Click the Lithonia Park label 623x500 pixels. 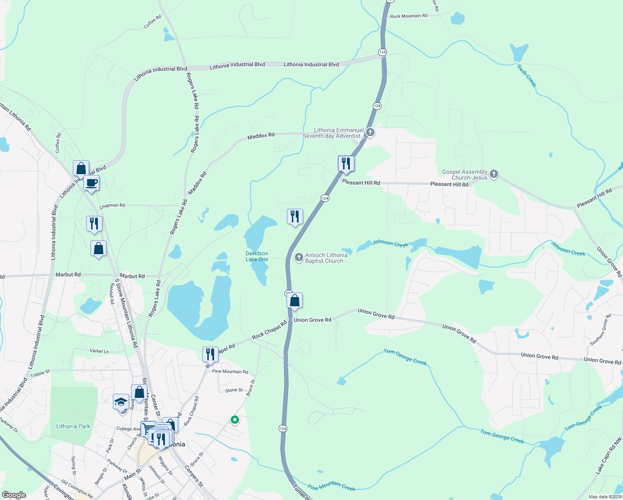(x=73, y=426)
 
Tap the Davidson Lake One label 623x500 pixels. (x=257, y=256)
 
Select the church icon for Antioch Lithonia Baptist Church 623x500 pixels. (x=299, y=257)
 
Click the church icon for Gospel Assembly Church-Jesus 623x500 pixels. (x=494, y=174)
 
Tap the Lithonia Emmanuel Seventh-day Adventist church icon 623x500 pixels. (x=370, y=132)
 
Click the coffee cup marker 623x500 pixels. (x=91, y=182)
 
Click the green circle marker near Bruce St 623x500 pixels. (x=235, y=420)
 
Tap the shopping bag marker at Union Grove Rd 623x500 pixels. (x=294, y=300)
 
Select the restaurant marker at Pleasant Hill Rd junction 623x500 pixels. (x=346, y=164)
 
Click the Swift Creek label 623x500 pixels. (x=527, y=75)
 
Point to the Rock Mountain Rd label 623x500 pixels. (x=409, y=16)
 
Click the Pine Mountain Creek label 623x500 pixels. (x=331, y=486)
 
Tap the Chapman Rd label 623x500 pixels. (x=112, y=205)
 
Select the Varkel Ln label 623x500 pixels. (x=99, y=351)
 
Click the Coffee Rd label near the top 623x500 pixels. (x=152, y=22)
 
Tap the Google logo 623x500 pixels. (x=14, y=495)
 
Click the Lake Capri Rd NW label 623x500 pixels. (x=608, y=455)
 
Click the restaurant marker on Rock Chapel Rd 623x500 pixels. (x=210, y=355)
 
